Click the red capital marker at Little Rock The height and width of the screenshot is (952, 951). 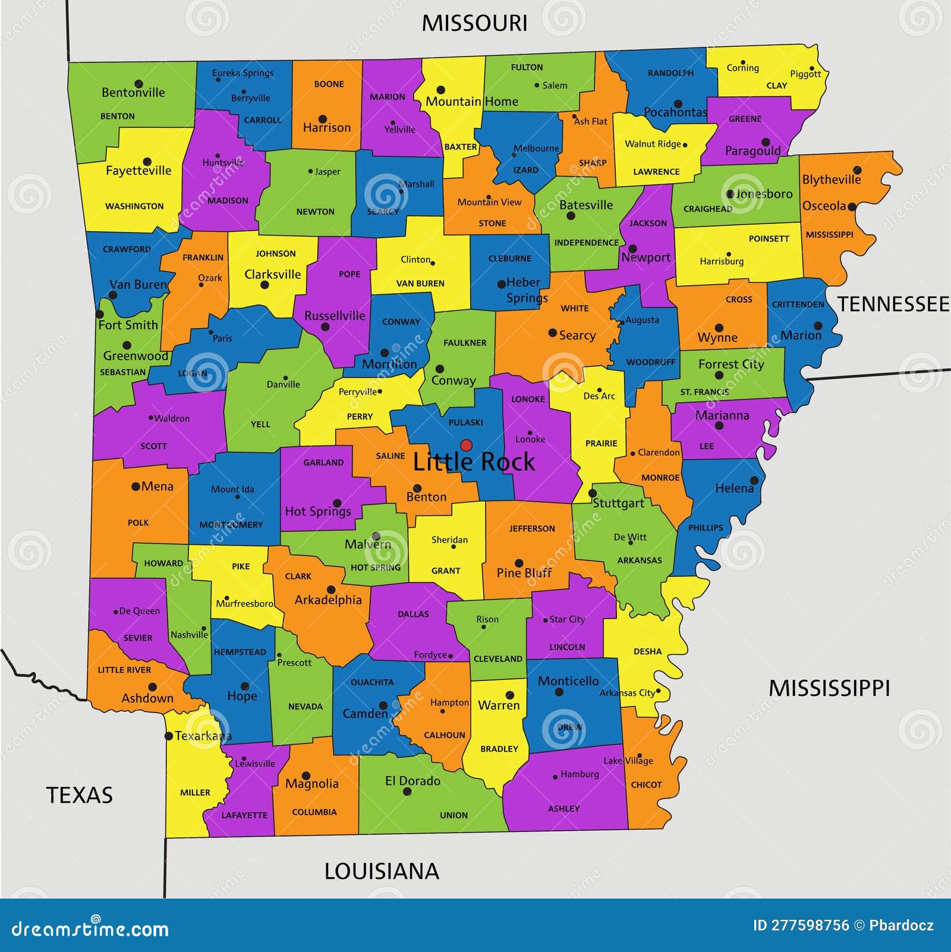pos(467,445)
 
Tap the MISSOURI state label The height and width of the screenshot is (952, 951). pos(474,24)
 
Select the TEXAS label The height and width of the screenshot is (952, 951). pos(80,795)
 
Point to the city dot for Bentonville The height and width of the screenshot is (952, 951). pos(138,84)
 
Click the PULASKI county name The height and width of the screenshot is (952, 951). pos(465,423)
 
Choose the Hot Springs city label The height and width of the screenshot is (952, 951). pos(318,511)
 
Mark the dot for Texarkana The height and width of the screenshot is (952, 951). pos(168,736)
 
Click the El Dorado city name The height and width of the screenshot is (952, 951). pos(412,781)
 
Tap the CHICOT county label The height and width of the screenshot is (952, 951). pos(646,784)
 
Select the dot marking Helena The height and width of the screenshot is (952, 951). pos(754,481)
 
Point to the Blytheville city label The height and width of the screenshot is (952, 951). pos(831,179)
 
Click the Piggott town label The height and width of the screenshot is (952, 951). pos(805,74)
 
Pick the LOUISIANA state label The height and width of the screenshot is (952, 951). pos(382,872)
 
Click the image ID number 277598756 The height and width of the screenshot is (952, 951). pos(810,925)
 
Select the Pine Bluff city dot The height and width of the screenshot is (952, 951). pos(519,563)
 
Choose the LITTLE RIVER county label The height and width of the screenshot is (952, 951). pos(124,670)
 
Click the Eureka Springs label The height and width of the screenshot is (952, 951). pos(243,73)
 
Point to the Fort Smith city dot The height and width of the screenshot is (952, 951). pos(100,314)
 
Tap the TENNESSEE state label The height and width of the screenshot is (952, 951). pos(893,304)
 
